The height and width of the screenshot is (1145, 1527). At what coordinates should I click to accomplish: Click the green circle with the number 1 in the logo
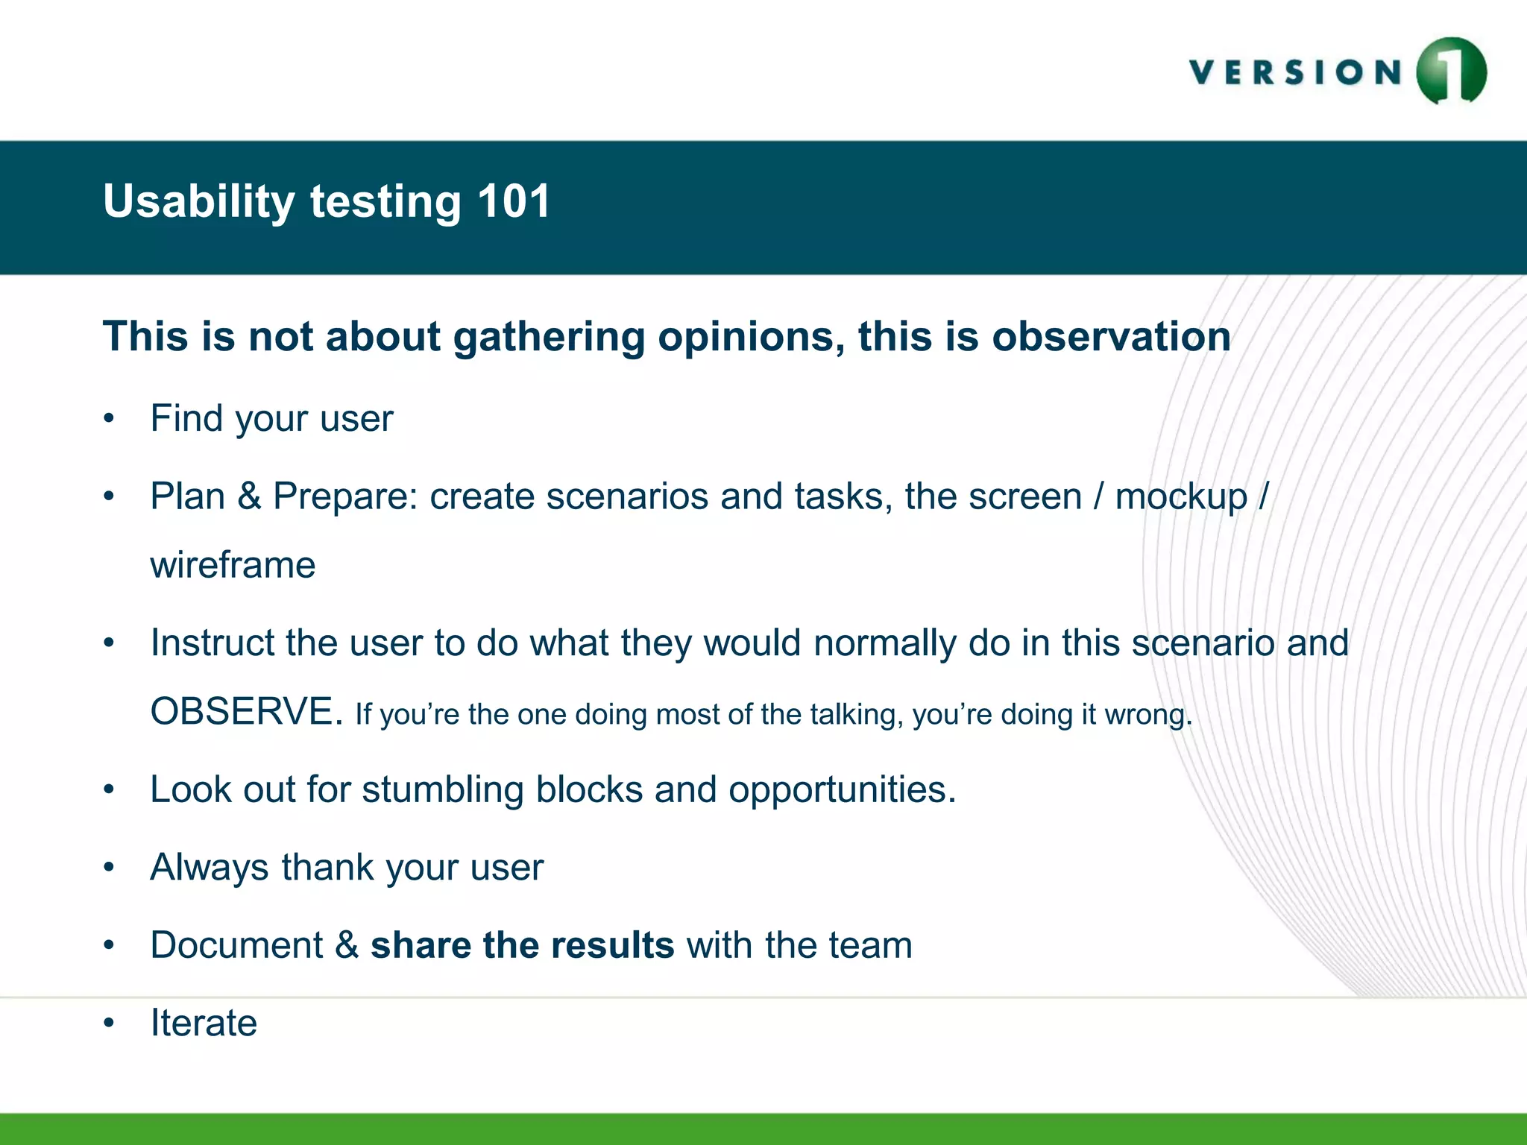pos(1451,72)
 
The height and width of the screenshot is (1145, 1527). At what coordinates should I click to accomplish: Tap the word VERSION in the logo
pos(1296,73)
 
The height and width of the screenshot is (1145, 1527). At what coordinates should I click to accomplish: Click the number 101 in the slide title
pos(514,201)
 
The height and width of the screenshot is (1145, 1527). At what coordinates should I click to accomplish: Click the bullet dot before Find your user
pos(110,418)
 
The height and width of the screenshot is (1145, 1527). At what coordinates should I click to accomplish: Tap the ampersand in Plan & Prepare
pos(249,496)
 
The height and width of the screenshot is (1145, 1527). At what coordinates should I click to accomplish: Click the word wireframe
pos(233,565)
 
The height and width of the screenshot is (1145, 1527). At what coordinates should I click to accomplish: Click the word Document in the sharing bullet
pos(236,945)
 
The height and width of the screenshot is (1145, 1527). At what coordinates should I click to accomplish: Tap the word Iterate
pos(204,1023)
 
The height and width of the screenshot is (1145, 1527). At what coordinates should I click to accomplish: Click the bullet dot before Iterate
pos(110,1023)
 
